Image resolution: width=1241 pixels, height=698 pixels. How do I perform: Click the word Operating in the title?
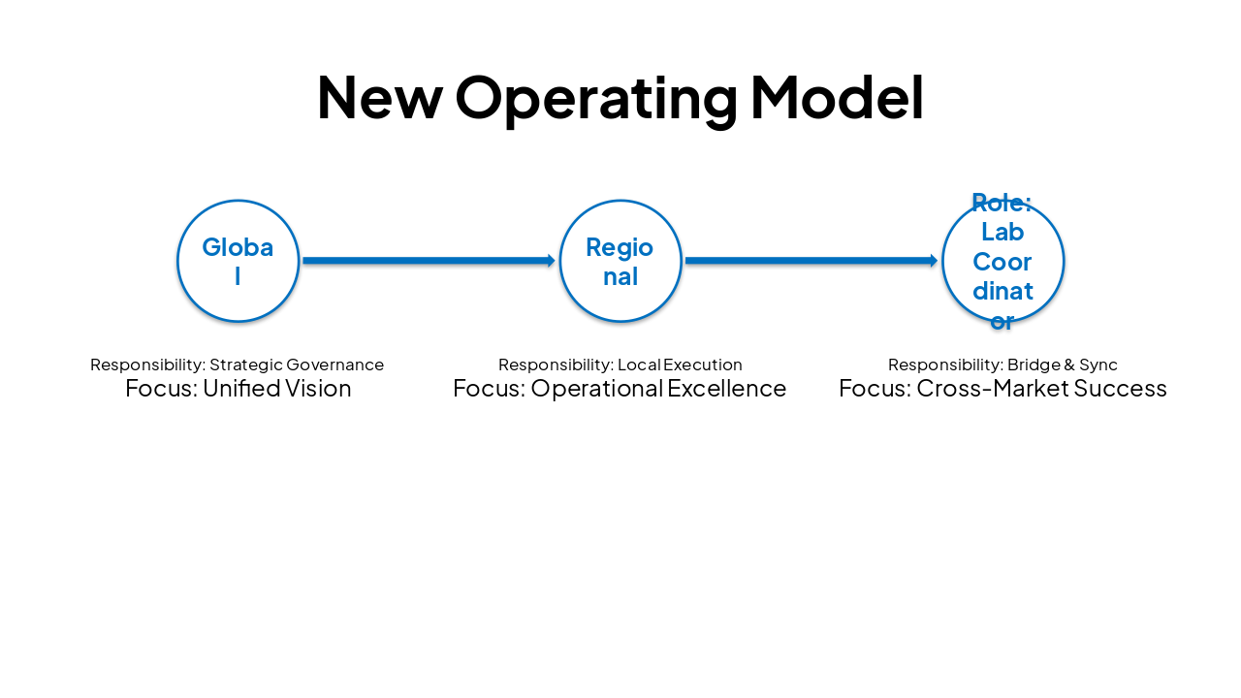tap(596, 99)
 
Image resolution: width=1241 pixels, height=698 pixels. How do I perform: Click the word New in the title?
tap(379, 97)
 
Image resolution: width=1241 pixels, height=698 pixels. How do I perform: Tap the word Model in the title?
tap(837, 97)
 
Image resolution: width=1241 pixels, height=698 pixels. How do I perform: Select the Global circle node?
tap(238, 261)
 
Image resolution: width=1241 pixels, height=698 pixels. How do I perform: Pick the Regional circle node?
tap(620, 261)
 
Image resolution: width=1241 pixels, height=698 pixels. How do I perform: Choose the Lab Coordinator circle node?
tap(1002, 261)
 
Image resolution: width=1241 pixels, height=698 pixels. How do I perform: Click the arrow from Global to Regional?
tap(427, 261)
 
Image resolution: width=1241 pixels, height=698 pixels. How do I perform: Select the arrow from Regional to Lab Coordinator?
tap(810, 261)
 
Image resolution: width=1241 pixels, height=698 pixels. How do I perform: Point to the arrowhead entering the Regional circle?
tap(551, 261)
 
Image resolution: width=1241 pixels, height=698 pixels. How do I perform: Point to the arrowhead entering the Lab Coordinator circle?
tap(934, 261)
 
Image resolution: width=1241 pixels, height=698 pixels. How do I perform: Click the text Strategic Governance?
tap(297, 365)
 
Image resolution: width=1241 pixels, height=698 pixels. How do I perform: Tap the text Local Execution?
tap(680, 365)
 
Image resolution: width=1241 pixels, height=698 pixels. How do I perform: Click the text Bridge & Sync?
tap(1062, 365)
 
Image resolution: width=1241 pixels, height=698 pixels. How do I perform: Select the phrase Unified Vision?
tap(276, 389)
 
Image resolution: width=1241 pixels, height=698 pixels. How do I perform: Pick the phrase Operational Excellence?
tap(658, 389)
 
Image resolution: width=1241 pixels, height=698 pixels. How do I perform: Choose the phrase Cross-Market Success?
tap(1041, 389)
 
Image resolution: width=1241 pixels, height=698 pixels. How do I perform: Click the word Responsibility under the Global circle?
tap(146, 365)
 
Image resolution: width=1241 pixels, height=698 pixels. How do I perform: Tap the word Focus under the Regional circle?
tap(488, 389)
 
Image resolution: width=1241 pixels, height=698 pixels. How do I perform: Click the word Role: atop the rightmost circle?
tap(1002, 203)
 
